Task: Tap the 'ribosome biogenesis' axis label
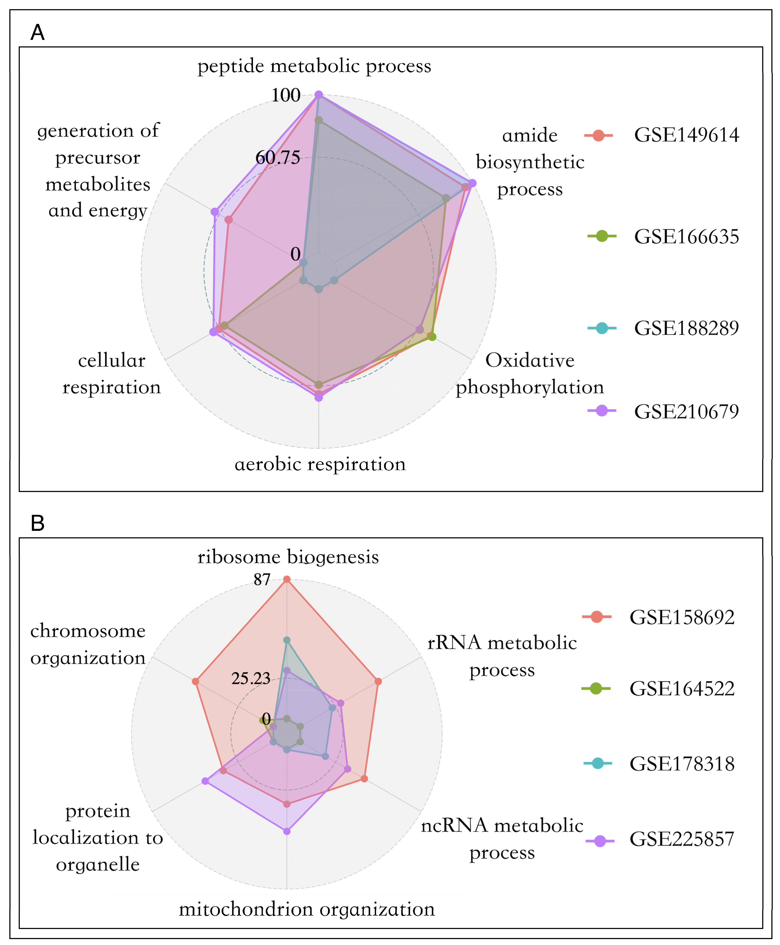click(x=288, y=557)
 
